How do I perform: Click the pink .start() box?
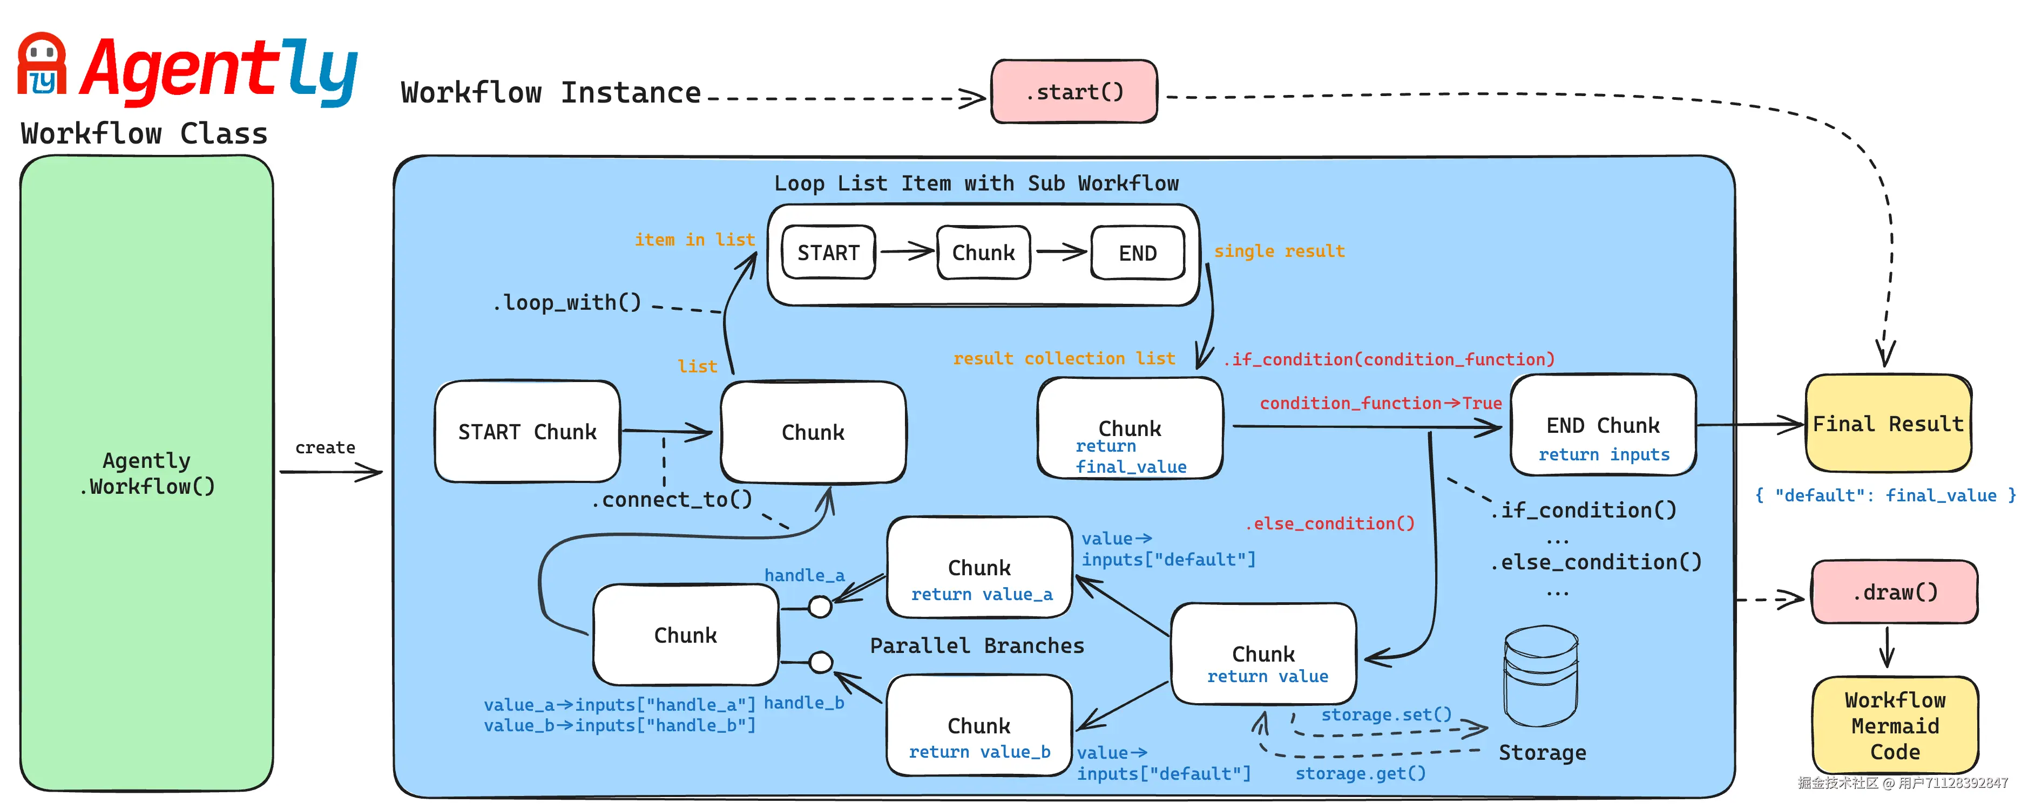pyautogui.click(x=1074, y=92)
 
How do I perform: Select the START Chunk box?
pyautogui.click(x=526, y=431)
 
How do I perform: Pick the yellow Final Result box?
pyautogui.click(x=1887, y=424)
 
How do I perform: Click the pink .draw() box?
pyautogui.click(x=1894, y=592)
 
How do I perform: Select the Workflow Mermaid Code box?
pyautogui.click(x=1894, y=725)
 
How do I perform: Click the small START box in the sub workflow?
pyautogui.click(x=828, y=253)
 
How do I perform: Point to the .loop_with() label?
pyautogui.click(x=567, y=302)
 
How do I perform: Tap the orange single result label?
pyautogui.click(x=1279, y=251)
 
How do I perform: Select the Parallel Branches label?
pyautogui.click(x=976, y=645)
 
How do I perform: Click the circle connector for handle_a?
pyautogui.click(x=820, y=607)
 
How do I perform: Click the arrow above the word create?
pyautogui.click(x=330, y=472)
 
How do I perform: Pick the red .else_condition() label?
pyautogui.click(x=1330, y=523)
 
